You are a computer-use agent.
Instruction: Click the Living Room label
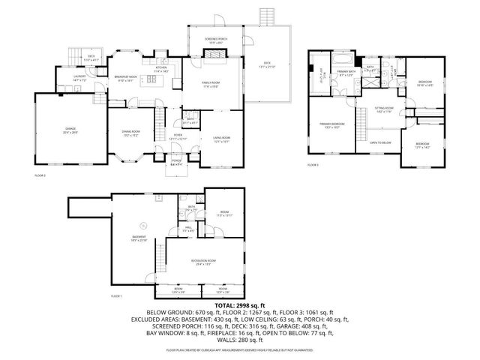[x=220, y=139]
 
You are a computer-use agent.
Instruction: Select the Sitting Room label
[x=385, y=110]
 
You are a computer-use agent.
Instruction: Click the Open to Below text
[x=380, y=142]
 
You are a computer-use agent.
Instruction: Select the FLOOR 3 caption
[x=313, y=163]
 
